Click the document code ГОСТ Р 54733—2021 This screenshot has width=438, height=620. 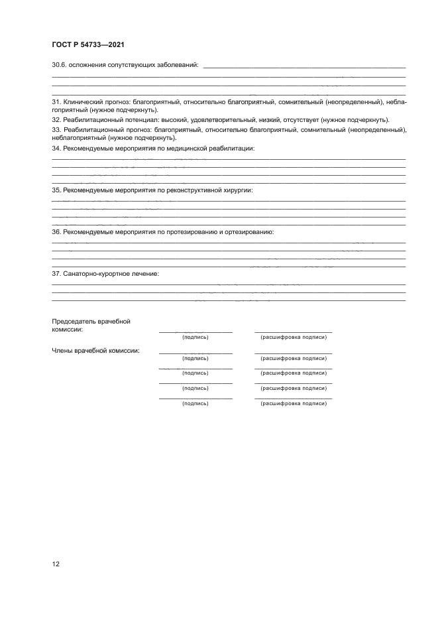click(88, 44)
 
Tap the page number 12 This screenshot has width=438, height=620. click(56, 564)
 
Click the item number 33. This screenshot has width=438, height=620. click(56, 130)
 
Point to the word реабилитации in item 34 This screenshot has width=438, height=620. click(233, 149)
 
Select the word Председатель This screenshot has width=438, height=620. click(73, 322)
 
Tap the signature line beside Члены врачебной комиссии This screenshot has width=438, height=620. click(195, 353)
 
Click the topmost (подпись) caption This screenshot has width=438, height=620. click(195, 337)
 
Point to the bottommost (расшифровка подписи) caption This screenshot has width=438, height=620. click(294, 403)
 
